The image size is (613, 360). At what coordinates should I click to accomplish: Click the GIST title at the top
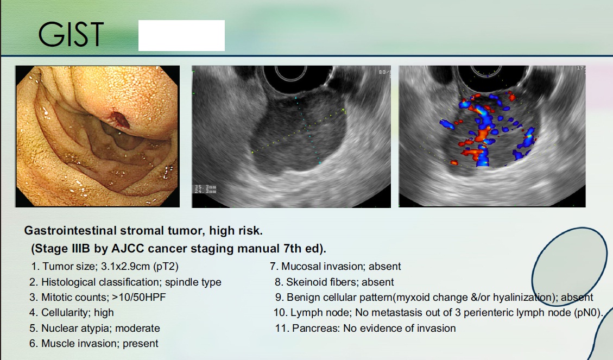[71, 34]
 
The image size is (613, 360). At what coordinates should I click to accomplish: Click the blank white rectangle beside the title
[181, 36]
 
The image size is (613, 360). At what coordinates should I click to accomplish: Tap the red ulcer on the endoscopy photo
[119, 119]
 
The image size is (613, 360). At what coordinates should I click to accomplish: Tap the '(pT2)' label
[166, 267]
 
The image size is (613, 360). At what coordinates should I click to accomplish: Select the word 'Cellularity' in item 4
[66, 313]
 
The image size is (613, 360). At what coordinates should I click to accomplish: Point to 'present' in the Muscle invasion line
[140, 344]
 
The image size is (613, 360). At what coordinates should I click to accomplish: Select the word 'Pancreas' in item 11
[315, 329]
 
